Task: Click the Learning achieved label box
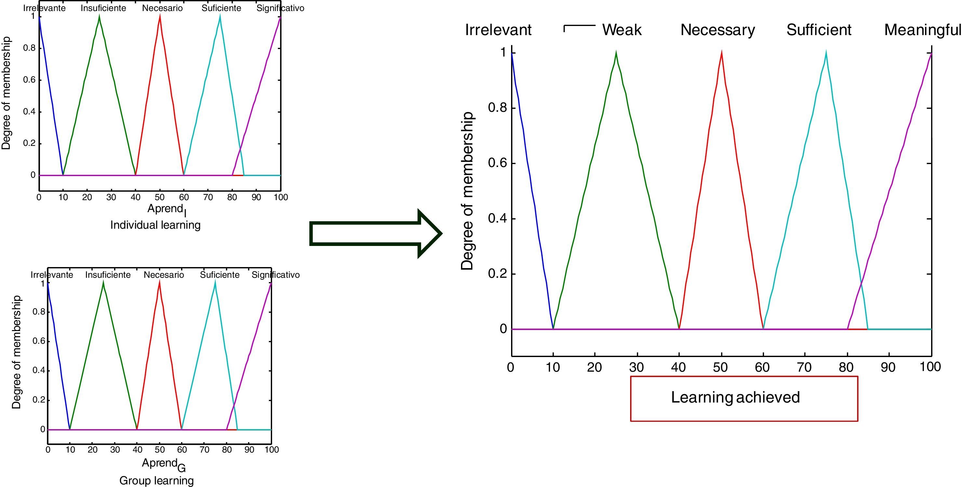click(x=744, y=399)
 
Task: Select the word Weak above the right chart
click(x=622, y=30)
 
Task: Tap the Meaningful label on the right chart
click(x=922, y=30)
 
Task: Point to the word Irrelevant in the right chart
click(x=498, y=30)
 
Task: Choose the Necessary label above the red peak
click(x=718, y=30)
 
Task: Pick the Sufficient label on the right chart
click(x=819, y=30)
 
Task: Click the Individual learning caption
click(x=155, y=225)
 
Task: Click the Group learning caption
click(x=156, y=481)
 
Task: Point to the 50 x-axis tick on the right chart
click(x=720, y=367)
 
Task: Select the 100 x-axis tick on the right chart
click(x=930, y=367)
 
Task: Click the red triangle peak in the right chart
click(x=721, y=53)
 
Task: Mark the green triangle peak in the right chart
click(x=616, y=53)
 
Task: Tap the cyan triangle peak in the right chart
click(x=826, y=53)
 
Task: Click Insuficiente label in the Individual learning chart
click(x=103, y=8)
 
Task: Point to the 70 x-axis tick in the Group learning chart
click(x=204, y=450)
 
